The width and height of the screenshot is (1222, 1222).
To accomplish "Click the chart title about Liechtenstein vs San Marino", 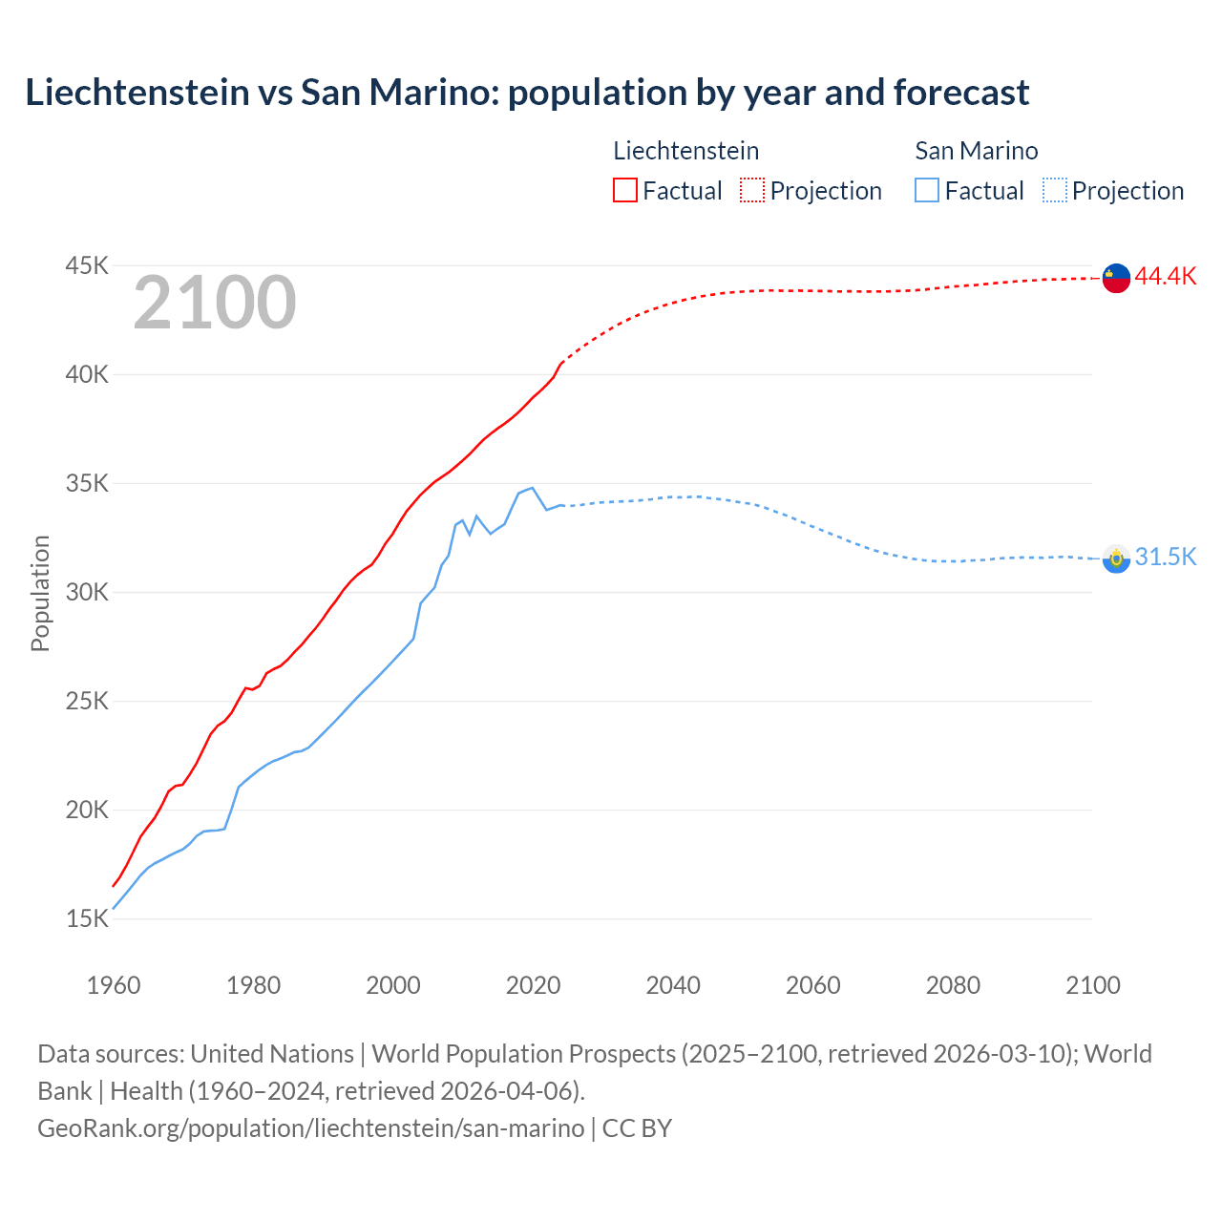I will pyautogui.click(x=527, y=93).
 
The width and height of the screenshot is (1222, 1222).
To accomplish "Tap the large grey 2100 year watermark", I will pyautogui.click(x=215, y=303).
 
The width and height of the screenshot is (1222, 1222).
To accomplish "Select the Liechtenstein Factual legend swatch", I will pyautogui.click(x=624, y=190).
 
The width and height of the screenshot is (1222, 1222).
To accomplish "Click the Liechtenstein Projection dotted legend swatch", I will pyautogui.click(x=752, y=190).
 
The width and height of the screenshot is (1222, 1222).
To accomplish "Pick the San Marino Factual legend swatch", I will pyautogui.click(x=927, y=190).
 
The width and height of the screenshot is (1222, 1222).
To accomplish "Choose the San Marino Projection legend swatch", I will pyautogui.click(x=1054, y=190).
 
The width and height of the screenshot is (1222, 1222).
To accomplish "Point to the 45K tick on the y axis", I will pyautogui.click(x=87, y=265).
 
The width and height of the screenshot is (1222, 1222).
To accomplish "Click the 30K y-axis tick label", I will pyautogui.click(x=87, y=592).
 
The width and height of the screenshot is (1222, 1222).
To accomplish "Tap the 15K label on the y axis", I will pyautogui.click(x=87, y=918).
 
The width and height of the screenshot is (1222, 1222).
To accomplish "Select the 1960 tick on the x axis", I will pyautogui.click(x=114, y=985).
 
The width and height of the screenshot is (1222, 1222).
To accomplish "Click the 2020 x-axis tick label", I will pyautogui.click(x=533, y=985).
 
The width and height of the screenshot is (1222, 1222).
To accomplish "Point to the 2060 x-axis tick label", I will pyautogui.click(x=812, y=985).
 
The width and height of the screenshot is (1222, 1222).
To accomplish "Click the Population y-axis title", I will pyautogui.click(x=40, y=593).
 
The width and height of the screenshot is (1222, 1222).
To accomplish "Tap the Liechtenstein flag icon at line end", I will pyautogui.click(x=1116, y=278).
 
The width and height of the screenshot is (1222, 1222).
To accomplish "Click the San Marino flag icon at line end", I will pyautogui.click(x=1116, y=558).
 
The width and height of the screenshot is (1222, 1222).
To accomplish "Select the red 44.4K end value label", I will pyautogui.click(x=1165, y=277).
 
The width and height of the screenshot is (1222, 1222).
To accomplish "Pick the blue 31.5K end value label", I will pyautogui.click(x=1165, y=558).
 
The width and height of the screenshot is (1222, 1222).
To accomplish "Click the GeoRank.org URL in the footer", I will pyautogui.click(x=310, y=1128).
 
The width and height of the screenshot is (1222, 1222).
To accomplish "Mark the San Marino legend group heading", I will pyautogui.click(x=976, y=151).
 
